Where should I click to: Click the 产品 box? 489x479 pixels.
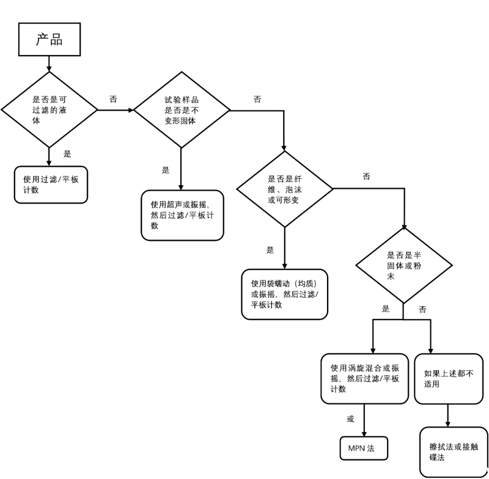coord(50,40)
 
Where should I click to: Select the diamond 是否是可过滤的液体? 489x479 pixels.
coord(50,110)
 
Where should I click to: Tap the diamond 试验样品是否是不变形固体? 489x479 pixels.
coord(182,110)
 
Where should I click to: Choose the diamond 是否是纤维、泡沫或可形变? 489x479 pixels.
coord(285,189)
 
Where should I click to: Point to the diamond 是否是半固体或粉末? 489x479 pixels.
coord(404,265)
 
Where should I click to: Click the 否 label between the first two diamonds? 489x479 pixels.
coord(113,98)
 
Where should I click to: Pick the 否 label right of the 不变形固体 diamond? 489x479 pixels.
coord(257,99)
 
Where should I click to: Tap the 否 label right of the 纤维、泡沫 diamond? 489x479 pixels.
coord(366,176)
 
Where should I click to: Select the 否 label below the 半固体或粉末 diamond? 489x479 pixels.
coord(422,309)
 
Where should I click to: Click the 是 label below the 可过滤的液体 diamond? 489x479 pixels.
coord(67,153)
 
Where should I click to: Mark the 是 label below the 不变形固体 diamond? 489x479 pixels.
coord(166,170)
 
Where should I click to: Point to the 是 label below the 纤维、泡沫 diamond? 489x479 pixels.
coord(270,249)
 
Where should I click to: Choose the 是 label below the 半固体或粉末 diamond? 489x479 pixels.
coord(386,309)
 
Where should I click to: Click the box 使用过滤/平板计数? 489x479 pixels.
coord(51,185)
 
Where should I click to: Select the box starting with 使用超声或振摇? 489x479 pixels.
coord(182,215)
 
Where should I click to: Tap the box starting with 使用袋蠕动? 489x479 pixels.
coord(284,294)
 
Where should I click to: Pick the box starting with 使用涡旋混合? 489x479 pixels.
coord(364,378)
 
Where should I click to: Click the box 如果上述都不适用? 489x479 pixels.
coord(448,378)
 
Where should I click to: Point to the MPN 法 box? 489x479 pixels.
coord(364,448)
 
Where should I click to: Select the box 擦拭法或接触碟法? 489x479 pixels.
coord(454,452)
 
